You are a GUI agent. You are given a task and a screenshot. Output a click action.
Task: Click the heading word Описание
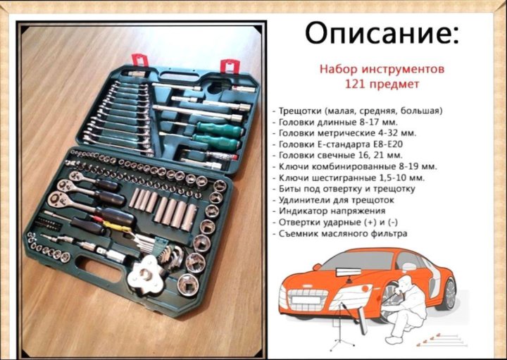[x=382, y=32]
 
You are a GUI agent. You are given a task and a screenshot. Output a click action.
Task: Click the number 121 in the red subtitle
[x=355, y=84]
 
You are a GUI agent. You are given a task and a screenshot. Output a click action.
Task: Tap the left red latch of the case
[x=139, y=61]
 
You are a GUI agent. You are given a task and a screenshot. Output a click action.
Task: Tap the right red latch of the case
[x=230, y=66]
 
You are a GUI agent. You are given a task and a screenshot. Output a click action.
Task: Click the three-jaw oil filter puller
[x=147, y=275]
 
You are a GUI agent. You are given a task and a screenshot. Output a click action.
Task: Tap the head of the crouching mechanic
[x=403, y=283]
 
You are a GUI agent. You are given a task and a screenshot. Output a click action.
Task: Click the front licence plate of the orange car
[x=306, y=299]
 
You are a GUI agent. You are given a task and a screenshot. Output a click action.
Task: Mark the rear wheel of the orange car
[x=449, y=294]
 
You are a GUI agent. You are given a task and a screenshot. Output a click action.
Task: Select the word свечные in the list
[x=333, y=155]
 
